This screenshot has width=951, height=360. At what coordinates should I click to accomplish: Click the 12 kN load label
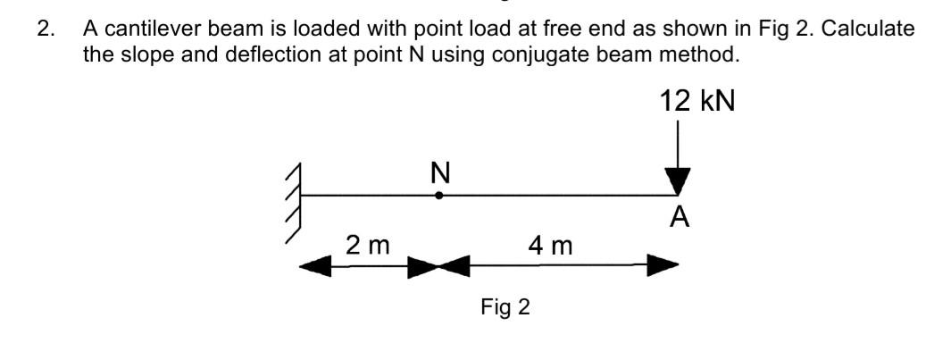pyautogui.click(x=697, y=100)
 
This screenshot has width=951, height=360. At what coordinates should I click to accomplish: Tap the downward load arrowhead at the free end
pyautogui.click(x=679, y=181)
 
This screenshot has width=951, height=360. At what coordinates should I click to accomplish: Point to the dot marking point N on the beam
pyautogui.click(x=438, y=195)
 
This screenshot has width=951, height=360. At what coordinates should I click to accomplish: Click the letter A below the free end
pyautogui.click(x=680, y=217)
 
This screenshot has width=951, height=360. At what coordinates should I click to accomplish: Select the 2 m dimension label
pyautogui.click(x=367, y=244)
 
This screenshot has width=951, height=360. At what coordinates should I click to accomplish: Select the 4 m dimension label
pyautogui.click(x=549, y=244)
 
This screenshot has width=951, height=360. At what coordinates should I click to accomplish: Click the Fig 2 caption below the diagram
pyautogui.click(x=505, y=308)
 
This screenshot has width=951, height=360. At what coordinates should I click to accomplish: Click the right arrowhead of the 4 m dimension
pyautogui.click(x=663, y=265)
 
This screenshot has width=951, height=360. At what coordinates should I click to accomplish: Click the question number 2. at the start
pyautogui.click(x=46, y=28)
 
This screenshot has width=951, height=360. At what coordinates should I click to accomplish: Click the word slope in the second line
pyautogui.click(x=137, y=54)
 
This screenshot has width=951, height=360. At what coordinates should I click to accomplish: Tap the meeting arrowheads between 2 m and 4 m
pyautogui.click(x=438, y=265)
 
